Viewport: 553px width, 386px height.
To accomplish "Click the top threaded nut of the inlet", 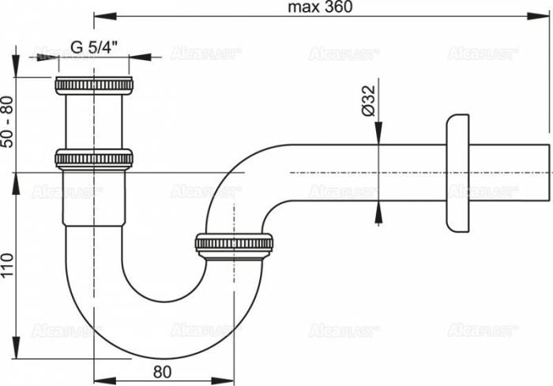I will (93, 85).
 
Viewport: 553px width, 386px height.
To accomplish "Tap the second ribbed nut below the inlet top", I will (93, 159).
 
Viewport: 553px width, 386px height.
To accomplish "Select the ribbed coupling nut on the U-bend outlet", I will (234, 243).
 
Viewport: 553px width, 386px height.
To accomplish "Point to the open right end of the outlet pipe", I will (547, 171).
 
